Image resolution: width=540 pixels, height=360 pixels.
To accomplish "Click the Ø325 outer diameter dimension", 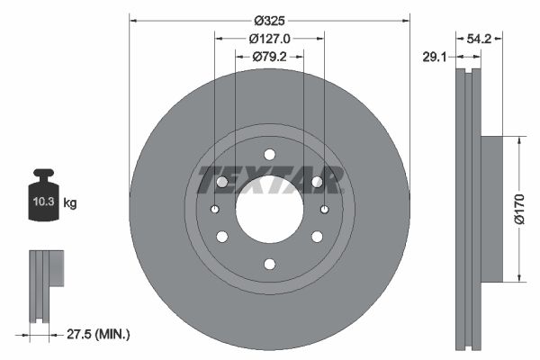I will pos(269,20).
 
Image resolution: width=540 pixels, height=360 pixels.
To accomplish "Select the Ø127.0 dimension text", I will pos(269,39).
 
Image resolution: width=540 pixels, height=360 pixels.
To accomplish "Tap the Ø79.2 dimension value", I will pos(269,57).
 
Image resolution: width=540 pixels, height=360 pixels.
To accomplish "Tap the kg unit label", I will pos(70,203).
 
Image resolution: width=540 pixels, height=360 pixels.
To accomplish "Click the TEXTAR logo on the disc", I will pos(270,179).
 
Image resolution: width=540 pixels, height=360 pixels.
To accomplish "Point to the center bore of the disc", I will pos(269,209).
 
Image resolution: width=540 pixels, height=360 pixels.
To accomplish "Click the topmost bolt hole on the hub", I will pos(269,155).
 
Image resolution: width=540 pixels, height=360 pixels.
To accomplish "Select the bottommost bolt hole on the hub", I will pos(269,265).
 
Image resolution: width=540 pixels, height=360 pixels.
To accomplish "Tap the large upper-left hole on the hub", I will pos(222,182).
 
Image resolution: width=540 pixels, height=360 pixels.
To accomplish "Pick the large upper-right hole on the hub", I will pos(317,182).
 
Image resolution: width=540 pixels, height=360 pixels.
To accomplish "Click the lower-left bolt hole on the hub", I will pos(221,237).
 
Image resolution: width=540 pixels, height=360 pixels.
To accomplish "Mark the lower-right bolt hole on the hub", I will pos(317,237).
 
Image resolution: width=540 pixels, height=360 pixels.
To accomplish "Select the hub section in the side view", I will pos(490,209).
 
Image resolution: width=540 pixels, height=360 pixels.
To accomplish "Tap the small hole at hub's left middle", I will pos(214,210).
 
